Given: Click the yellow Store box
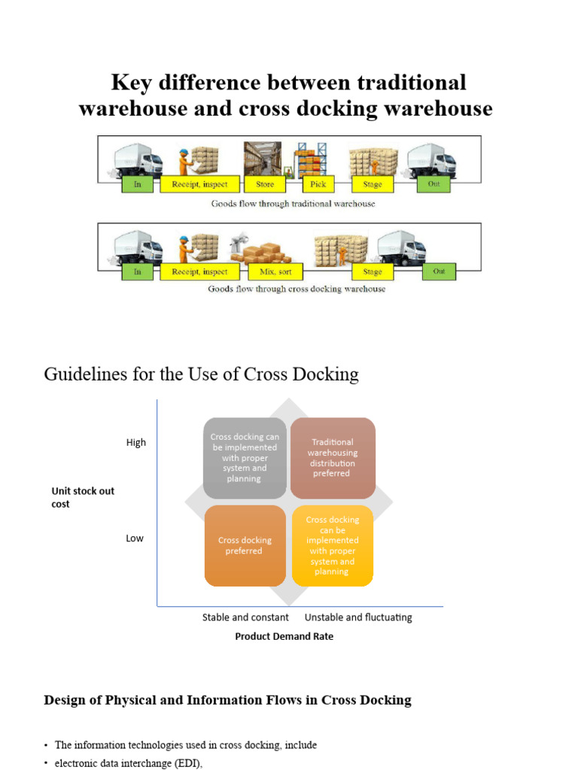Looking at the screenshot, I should coord(265,184).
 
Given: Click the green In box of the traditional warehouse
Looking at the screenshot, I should coord(137,184).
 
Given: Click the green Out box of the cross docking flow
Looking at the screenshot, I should coord(439,272).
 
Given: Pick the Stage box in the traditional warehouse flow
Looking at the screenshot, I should coord(373,184).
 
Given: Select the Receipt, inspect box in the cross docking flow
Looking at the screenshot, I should coord(199,272).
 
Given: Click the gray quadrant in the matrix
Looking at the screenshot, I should coord(245,458).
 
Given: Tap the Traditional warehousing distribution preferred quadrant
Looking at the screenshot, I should coord(333,458).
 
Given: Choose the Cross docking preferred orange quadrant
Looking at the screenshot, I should coord(245,546).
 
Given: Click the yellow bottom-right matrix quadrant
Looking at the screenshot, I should coord(333,546).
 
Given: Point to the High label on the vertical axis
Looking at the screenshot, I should coord(136,443).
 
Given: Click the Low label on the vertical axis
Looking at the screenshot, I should coord(135,538).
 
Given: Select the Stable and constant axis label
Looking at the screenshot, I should coord(245,617).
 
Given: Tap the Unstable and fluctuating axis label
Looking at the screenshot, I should coord(358,617).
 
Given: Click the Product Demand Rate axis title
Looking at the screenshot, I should coord(284,636).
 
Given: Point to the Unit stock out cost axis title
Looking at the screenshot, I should coord(82,497).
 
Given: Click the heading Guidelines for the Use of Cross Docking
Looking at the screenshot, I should coord(202,374).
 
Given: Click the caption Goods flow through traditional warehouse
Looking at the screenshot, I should coord(293,204).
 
